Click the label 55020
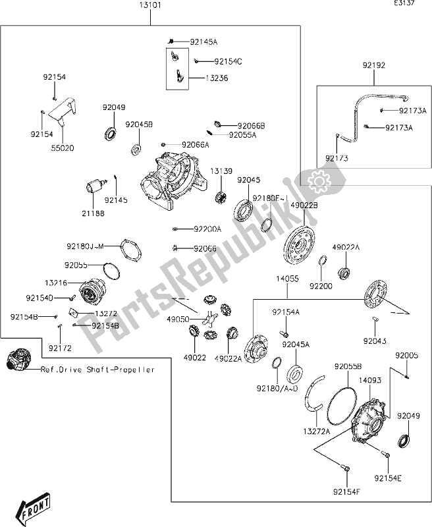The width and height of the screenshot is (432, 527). point(63,148)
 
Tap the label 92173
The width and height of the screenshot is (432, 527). point(337,159)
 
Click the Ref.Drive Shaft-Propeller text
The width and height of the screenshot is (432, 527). point(97,370)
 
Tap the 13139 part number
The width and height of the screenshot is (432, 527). point(221,171)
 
